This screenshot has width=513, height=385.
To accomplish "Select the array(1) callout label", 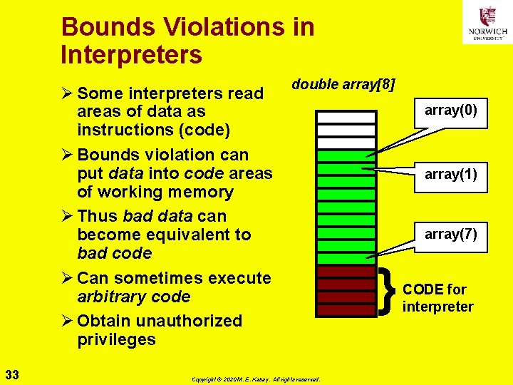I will coord(451,173).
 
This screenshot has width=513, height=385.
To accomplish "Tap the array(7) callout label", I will coord(451,234).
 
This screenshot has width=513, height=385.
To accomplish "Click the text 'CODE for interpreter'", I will coord(437,298).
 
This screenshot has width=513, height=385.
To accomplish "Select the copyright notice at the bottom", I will coord(256,379).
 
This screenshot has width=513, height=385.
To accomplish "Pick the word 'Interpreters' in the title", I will coord(132,54).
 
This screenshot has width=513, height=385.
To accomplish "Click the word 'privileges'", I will coord(116,339).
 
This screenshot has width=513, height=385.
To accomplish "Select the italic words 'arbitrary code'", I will coord(133,297).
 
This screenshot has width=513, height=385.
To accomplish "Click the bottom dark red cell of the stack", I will coord(346,310).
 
